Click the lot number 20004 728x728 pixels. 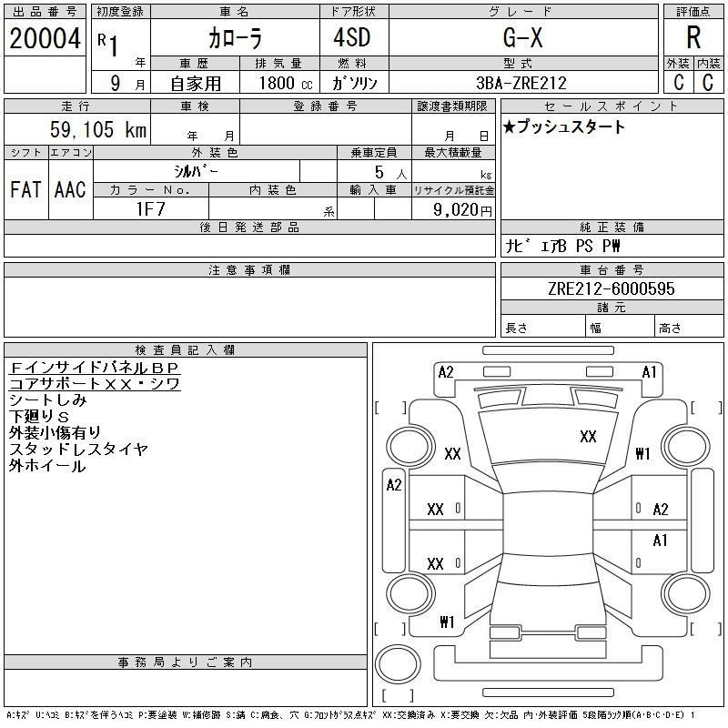tap(45, 38)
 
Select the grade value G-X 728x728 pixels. tap(522, 37)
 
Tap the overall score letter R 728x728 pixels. tap(693, 37)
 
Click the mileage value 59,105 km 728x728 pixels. tap(98, 129)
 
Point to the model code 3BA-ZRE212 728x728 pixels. tap(521, 83)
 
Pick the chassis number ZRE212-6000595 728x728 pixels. tap(612, 288)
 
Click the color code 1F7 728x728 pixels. tap(151, 209)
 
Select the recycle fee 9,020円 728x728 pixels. tap(462, 210)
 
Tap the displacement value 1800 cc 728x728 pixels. tap(286, 83)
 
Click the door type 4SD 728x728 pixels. tap(352, 37)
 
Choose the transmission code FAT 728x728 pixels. tap(26, 189)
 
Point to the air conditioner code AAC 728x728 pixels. tap(70, 189)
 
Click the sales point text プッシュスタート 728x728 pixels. tap(571, 126)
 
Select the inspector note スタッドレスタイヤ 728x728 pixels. tap(78, 449)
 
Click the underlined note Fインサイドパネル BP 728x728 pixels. tap(95, 368)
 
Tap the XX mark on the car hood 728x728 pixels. tap(588, 437)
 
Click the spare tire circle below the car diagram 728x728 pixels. tap(398, 663)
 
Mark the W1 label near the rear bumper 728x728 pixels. tap(447, 622)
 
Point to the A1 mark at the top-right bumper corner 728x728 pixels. tap(649, 372)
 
